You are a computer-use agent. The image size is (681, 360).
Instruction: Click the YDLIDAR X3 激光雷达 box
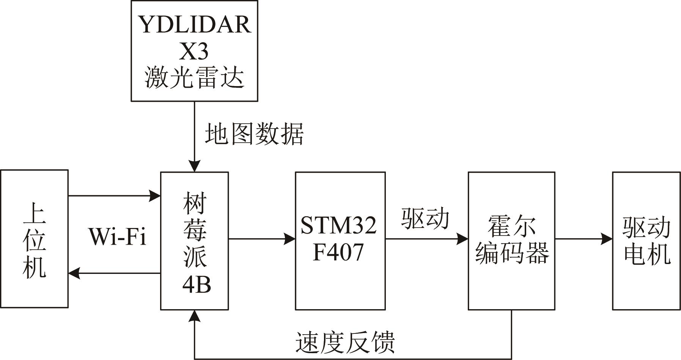pyautogui.click(x=194, y=51)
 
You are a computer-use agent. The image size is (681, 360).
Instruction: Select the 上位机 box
pyautogui.click(x=35, y=239)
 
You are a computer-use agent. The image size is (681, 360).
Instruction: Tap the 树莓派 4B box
pyautogui.click(x=194, y=241)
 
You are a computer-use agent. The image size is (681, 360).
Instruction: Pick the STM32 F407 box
pyautogui.click(x=340, y=241)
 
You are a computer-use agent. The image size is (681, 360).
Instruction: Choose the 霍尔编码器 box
pyautogui.click(x=511, y=241)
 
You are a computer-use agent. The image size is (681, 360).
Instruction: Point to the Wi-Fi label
pyautogui.click(x=117, y=237)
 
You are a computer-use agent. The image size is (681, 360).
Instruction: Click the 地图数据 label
pyautogui.click(x=254, y=134)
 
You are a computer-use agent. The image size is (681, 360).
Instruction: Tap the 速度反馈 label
pyautogui.click(x=345, y=342)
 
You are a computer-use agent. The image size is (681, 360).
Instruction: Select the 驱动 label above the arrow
pyautogui.click(x=425, y=219)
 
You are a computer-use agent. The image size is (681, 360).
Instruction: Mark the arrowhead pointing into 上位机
pyautogui.click(x=74, y=273)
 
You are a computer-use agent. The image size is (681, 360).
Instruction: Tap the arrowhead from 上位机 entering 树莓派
pyautogui.click(x=155, y=196)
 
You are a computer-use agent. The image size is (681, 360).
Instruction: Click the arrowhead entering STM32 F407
pyautogui.click(x=290, y=239)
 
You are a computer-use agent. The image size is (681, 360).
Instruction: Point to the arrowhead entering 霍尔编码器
pyautogui.click(x=462, y=239)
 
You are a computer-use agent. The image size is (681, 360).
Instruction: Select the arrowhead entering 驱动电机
pyautogui.click(x=607, y=239)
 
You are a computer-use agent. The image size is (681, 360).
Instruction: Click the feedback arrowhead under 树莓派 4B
pyautogui.click(x=194, y=316)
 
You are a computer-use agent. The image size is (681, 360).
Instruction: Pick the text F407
pyautogui.click(x=338, y=252)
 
